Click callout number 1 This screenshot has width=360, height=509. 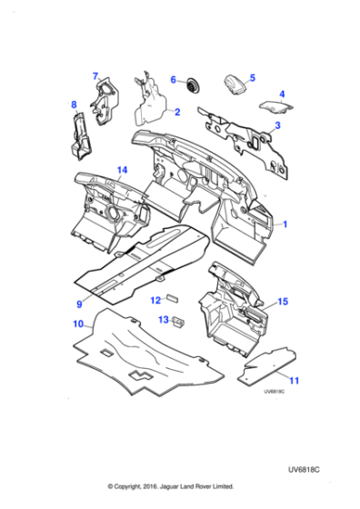click(285, 223)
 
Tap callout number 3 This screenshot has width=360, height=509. click(277, 125)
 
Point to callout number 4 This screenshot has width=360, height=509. click(281, 94)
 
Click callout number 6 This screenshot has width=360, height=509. click(173, 80)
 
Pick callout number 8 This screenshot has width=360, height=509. click(74, 106)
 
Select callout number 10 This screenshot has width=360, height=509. click(78, 323)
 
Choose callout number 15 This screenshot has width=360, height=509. click(283, 301)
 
